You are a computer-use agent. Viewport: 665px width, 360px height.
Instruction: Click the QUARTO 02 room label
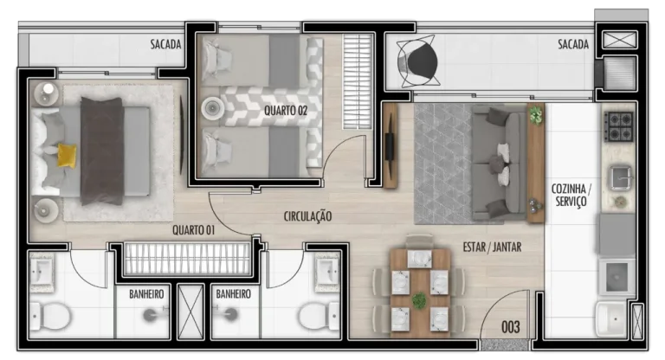point(286,111)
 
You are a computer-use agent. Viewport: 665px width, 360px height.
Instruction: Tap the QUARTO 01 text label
point(193,230)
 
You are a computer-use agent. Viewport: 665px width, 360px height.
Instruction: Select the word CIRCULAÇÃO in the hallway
point(307,216)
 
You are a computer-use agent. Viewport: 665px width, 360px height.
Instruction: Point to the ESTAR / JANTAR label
point(492,247)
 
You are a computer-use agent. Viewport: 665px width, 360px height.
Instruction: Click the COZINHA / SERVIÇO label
point(571,195)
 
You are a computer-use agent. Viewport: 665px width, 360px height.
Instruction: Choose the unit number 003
point(511,327)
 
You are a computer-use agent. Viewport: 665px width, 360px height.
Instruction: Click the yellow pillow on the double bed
point(67,156)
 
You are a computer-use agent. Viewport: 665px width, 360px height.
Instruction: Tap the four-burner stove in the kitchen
point(619,126)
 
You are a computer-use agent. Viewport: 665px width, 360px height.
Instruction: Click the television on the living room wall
point(390,146)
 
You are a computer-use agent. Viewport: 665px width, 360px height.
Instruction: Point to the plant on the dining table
point(419,300)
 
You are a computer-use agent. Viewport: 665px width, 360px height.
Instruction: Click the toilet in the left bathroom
point(50,316)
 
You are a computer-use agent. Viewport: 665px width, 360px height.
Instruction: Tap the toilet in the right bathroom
point(319,316)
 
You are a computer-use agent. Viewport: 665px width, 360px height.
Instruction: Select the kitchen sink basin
point(621,177)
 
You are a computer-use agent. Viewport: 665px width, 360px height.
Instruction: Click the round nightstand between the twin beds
point(212,108)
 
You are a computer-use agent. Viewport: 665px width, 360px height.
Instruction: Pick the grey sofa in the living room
point(499,163)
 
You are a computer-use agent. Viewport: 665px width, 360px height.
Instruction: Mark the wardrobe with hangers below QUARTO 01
point(187,258)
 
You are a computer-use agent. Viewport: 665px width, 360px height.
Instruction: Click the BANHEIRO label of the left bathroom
point(146,294)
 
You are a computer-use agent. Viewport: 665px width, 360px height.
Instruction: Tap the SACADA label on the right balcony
point(573,44)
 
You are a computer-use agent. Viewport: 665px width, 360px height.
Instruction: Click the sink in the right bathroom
point(327,272)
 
